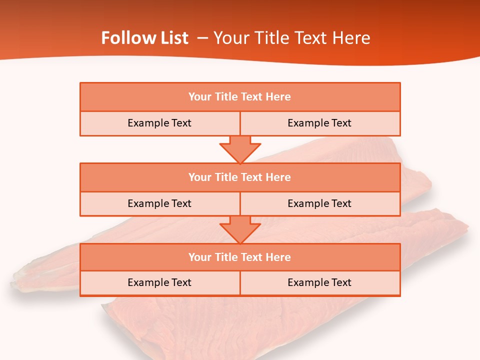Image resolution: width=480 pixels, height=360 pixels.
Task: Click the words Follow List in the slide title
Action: [x=144, y=38]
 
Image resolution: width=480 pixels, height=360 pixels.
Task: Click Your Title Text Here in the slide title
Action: [x=291, y=38]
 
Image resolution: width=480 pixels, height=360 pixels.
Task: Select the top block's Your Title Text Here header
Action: [x=239, y=97]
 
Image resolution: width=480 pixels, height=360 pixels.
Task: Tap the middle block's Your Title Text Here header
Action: [x=239, y=177]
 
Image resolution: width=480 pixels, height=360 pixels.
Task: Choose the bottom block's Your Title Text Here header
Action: [x=239, y=257]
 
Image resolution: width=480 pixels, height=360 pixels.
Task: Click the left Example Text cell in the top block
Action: [x=159, y=123]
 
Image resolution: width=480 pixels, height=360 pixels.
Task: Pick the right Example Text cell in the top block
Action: [x=319, y=123]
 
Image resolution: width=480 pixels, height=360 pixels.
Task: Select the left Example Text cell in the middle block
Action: [x=159, y=203]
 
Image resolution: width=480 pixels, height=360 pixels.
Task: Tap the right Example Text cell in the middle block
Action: [x=319, y=203]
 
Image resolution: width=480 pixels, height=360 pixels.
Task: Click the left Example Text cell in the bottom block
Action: [x=159, y=282]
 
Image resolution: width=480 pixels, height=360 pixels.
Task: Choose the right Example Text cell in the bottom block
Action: [x=319, y=282]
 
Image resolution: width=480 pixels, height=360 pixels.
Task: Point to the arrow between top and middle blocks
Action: [x=240, y=149]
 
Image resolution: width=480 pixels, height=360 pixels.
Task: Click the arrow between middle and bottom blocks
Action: [x=240, y=229]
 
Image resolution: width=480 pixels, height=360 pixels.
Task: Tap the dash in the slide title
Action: [x=202, y=38]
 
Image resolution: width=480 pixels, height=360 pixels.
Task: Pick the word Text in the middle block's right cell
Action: [x=341, y=203]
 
